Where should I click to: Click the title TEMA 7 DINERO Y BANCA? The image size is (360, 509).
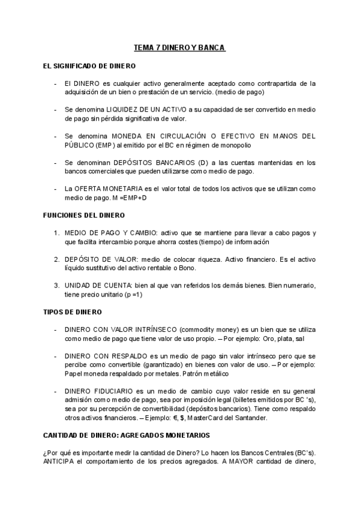pyautogui.click(x=179, y=47)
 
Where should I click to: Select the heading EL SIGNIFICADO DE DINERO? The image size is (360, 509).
pyautogui.click(x=89, y=65)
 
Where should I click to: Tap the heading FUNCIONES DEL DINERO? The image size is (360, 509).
pyautogui.click(x=84, y=215)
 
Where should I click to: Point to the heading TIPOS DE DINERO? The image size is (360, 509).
pyautogui.click(x=73, y=312)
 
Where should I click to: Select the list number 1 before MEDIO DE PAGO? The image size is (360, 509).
pyautogui.click(x=56, y=233)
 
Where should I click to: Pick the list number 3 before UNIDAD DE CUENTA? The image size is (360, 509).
pyautogui.click(x=56, y=286)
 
